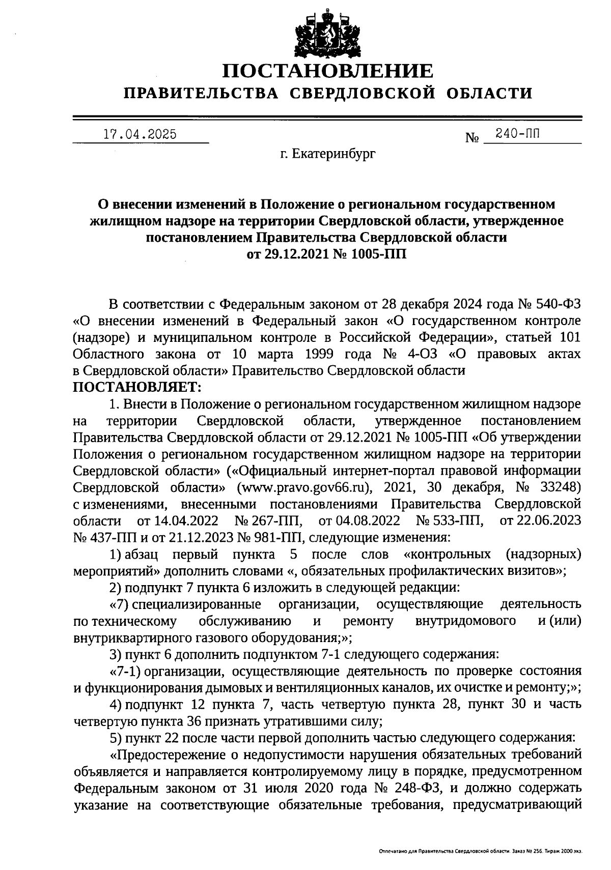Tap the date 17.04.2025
pyautogui.click(x=140, y=134)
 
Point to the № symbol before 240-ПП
pyautogui.click(x=473, y=137)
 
